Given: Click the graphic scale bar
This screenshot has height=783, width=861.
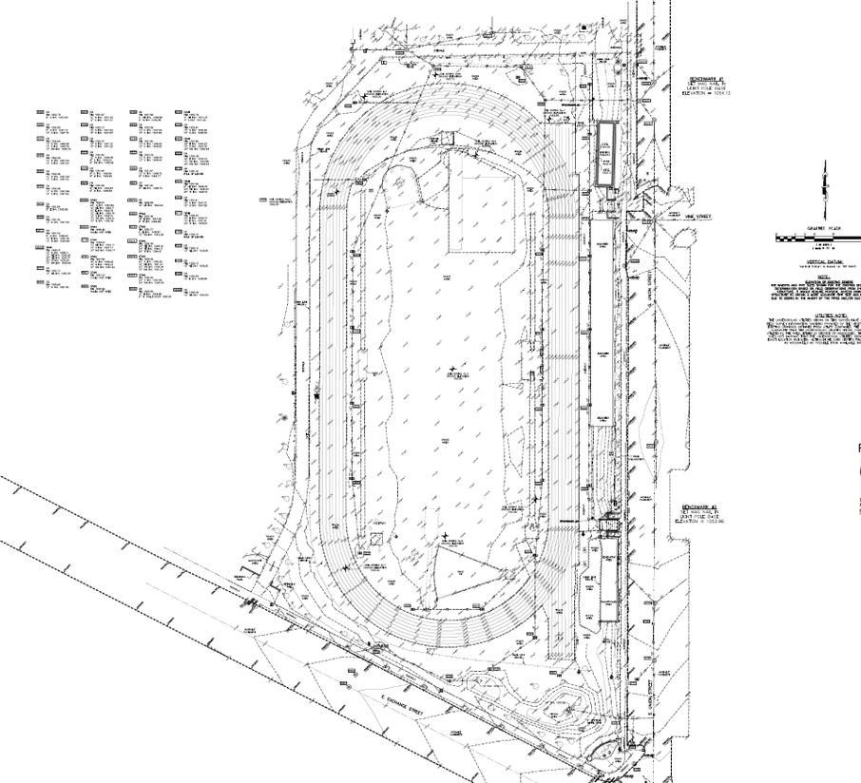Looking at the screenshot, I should (817, 236).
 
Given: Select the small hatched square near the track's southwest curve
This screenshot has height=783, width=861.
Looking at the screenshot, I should (377, 539).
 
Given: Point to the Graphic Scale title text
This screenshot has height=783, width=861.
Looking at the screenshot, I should (818, 228).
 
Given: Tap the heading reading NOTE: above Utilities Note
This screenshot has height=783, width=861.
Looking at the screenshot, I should (819, 278).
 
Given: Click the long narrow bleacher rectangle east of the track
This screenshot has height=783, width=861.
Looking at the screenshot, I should (602, 323).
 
